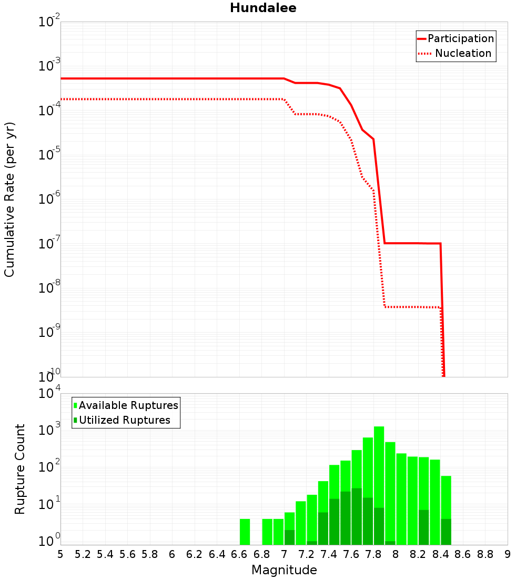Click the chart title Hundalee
click(263, 8)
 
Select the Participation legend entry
click(461, 38)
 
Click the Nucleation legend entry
click(463, 53)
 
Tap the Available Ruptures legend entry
click(128, 405)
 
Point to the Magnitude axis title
click(284, 570)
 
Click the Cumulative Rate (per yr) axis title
click(9, 199)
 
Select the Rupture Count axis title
click(20, 469)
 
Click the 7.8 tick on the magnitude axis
click(373, 554)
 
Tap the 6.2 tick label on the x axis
click(195, 554)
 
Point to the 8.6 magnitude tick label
click(463, 554)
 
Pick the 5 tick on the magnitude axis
click(60, 554)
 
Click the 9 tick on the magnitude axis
click(508, 554)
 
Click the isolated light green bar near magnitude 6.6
click(245, 532)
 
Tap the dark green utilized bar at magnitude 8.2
click(423, 527)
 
